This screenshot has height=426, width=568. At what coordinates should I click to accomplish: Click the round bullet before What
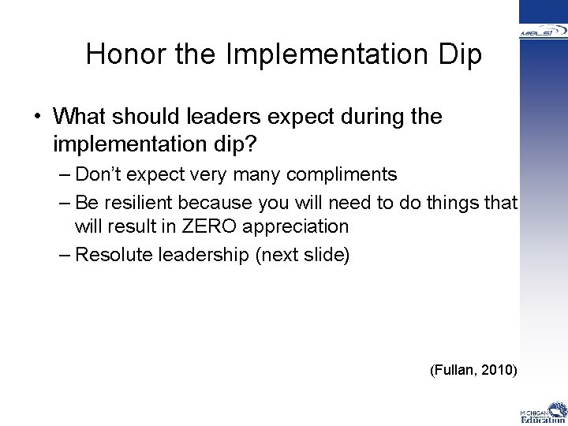[x=37, y=118]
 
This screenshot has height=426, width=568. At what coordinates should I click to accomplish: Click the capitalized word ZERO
[x=210, y=226]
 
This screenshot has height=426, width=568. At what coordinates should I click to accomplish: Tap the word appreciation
[x=297, y=226]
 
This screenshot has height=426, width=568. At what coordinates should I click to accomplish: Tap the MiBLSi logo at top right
[x=544, y=32]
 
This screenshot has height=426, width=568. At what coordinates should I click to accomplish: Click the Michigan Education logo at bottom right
[x=543, y=413]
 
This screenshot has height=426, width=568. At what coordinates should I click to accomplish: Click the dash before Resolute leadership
[x=65, y=255]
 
